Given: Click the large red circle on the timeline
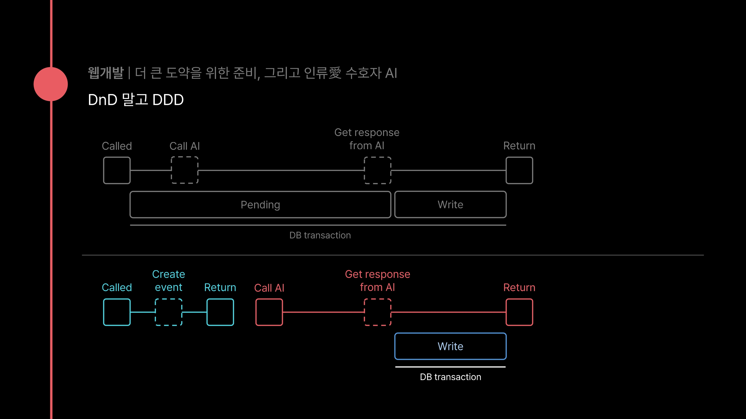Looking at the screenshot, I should pyautogui.click(x=51, y=84).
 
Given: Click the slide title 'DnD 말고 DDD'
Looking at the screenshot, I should pyautogui.click(x=136, y=100).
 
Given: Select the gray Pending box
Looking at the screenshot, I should pyautogui.click(x=260, y=204).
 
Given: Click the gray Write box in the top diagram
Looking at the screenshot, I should pyautogui.click(x=450, y=204).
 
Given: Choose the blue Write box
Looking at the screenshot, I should pyautogui.click(x=450, y=346).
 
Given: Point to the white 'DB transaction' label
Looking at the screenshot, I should pyautogui.click(x=450, y=377).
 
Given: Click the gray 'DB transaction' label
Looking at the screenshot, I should pyautogui.click(x=320, y=235).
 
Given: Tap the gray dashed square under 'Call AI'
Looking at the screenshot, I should pyautogui.click(x=185, y=170).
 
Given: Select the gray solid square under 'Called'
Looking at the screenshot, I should pyautogui.click(x=117, y=170).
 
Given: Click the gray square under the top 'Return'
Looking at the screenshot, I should pyautogui.click(x=519, y=170).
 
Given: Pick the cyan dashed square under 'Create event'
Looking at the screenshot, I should pyautogui.click(x=169, y=312).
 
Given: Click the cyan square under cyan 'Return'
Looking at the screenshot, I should pyautogui.click(x=220, y=312).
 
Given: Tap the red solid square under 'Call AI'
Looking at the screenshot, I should pyautogui.click(x=269, y=312).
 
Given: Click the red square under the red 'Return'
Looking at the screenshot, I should pyautogui.click(x=519, y=312).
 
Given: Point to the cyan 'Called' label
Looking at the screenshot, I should pyautogui.click(x=117, y=287).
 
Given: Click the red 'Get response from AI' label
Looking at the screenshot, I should pyautogui.click(x=377, y=280).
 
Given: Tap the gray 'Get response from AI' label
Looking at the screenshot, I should pyautogui.click(x=367, y=139).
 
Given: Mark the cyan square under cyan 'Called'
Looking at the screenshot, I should pyautogui.click(x=117, y=312).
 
